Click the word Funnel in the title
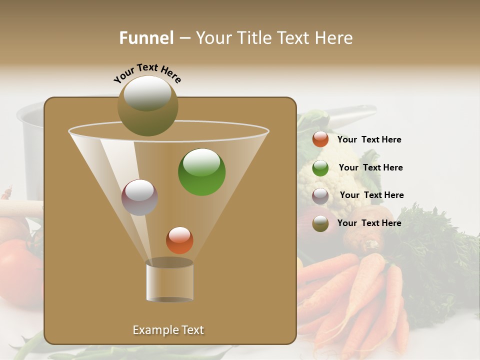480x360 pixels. tap(146, 38)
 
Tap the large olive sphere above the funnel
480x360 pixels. tap(147, 105)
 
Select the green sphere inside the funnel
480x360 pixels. tap(201, 172)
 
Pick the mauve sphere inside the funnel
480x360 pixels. tap(139, 197)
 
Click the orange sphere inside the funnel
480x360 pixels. tap(179, 240)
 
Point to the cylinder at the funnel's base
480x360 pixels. tap(169, 280)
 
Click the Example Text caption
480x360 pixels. tap(168, 330)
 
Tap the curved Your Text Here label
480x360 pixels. tap(147, 73)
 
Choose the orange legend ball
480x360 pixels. tap(320, 139)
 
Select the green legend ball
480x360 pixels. tap(320, 168)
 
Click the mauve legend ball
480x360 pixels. tap(320, 196)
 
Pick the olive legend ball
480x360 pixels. tap(320, 223)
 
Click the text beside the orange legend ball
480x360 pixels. tap(369, 140)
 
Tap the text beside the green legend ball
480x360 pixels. tap(370, 168)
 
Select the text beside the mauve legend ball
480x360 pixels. tap(371, 195)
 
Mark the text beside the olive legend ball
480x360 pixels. tap(369, 223)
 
